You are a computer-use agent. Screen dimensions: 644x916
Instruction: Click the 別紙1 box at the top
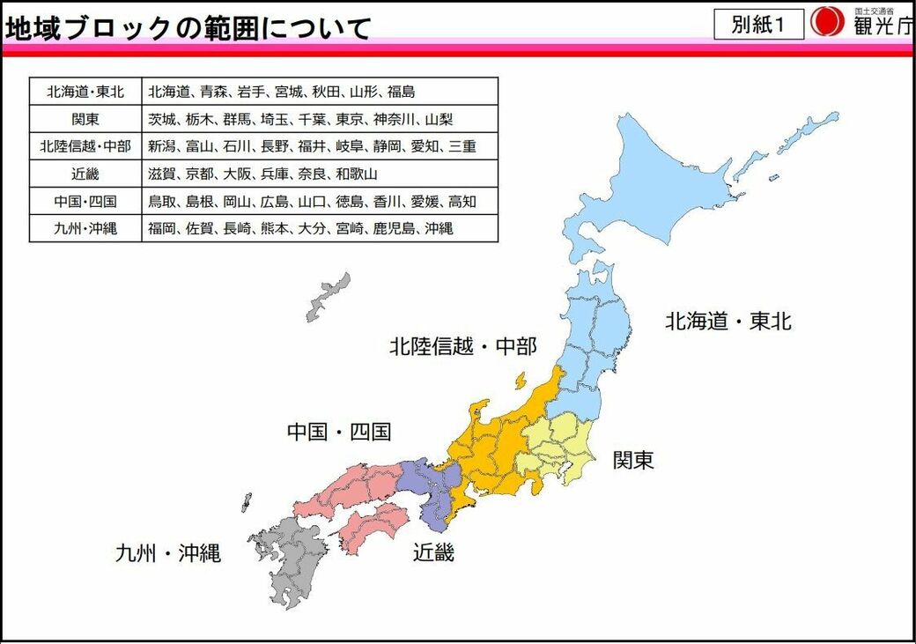758,25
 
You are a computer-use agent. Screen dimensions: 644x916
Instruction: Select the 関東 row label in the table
85,119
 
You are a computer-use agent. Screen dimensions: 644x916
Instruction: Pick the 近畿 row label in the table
85,174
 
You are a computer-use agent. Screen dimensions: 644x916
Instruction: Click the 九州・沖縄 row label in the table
85,228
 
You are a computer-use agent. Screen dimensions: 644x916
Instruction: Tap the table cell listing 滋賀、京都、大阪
320,174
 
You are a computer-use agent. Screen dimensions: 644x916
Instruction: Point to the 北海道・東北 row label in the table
85,92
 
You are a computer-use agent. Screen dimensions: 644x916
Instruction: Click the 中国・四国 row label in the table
85,201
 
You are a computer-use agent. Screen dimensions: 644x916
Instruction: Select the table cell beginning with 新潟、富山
320,146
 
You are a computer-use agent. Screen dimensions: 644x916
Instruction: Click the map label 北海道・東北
728,322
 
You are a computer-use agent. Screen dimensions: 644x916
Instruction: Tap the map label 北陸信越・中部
463,346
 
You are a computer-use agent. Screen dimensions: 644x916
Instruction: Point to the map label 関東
633,459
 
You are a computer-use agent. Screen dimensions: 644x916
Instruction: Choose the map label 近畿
434,552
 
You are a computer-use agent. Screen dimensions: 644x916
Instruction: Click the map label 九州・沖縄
167,553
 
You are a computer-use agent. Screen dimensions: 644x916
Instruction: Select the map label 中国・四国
339,432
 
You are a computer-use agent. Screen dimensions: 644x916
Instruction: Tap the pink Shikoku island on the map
373,526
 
